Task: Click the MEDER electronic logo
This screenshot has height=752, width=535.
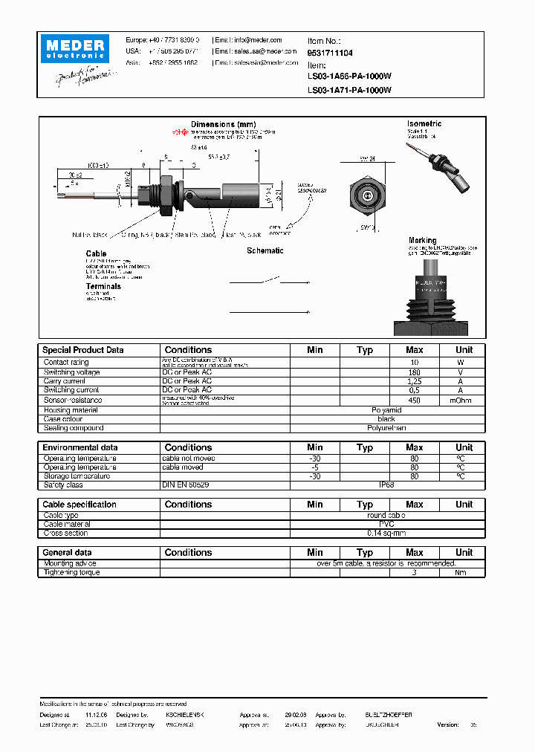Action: pyautogui.click(x=77, y=49)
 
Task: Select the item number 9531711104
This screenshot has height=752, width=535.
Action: pyautogui.click(x=330, y=53)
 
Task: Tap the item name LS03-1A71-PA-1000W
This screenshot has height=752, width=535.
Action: pyautogui.click(x=349, y=90)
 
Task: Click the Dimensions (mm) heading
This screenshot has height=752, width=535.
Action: pyautogui.click(x=223, y=124)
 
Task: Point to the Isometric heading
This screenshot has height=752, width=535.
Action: pyautogui.click(x=424, y=123)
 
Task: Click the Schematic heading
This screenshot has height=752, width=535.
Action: pyautogui.click(x=265, y=250)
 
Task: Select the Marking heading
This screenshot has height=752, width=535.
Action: pyautogui.click(x=422, y=240)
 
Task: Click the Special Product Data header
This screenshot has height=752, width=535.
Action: pyautogui.click(x=83, y=350)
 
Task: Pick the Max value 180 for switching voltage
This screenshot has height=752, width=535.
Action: pyautogui.click(x=415, y=372)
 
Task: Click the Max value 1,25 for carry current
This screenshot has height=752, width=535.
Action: pyautogui.click(x=415, y=381)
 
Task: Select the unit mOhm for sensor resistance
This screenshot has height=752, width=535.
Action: pyautogui.click(x=464, y=400)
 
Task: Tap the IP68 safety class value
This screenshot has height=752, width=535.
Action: pyautogui.click(x=386, y=485)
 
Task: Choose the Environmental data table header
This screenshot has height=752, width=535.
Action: pyautogui.click(x=80, y=447)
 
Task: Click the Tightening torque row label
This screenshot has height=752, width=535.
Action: pyautogui.click(x=71, y=572)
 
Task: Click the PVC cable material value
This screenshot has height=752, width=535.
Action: pyautogui.click(x=386, y=524)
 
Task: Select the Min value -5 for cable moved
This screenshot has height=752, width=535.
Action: pyautogui.click(x=315, y=467)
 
